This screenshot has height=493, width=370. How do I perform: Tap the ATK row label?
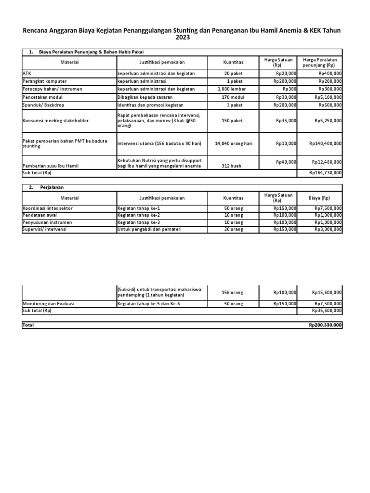point(26,74)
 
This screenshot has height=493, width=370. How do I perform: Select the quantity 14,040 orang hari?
point(233,143)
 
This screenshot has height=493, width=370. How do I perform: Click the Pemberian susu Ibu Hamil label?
point(51,166)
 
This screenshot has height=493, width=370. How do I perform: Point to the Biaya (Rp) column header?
point(319,198)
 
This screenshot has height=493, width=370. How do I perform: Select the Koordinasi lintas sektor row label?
point(47,208)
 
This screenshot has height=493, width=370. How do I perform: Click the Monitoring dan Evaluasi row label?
point(49,304)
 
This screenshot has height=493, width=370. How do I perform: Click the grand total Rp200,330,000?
point(326,325)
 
